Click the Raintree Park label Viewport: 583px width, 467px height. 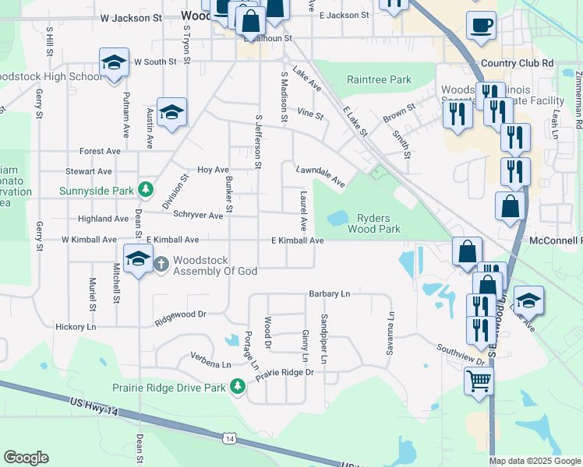pos(379,80)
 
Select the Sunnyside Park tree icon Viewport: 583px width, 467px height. pos(145,189)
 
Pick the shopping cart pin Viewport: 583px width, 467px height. pos(479,381)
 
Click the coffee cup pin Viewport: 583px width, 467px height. pos(481,25)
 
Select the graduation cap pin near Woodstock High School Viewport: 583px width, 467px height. pos(114,62)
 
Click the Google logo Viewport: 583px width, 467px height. pos(26,458)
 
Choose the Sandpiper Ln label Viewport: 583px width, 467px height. pos(323,339)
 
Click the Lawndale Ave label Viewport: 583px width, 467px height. pos(320,176)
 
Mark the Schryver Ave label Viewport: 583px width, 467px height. pos(198,215)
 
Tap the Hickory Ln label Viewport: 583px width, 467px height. pos(76,328)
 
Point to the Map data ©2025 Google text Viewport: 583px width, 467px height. pos(535,461)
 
